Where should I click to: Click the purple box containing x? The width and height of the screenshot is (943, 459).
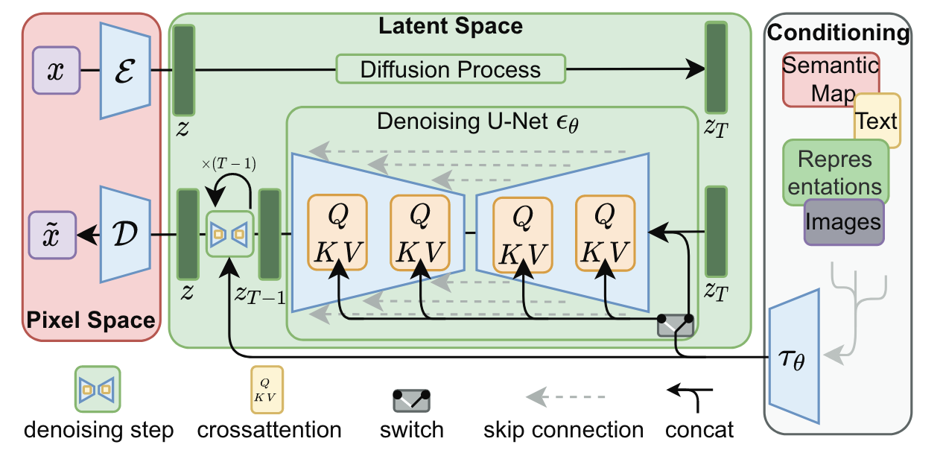(x=56, y=70)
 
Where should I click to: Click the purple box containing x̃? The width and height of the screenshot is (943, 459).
(x=52, y=235)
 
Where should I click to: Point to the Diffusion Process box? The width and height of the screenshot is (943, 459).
(x=450, y=69)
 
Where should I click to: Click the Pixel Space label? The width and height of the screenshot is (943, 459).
(x=91, y=321)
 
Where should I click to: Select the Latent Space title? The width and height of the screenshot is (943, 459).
(x=450, y=26)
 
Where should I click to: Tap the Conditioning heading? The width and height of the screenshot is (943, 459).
(x=838, y=33)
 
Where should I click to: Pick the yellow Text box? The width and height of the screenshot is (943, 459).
(x=877, y=120)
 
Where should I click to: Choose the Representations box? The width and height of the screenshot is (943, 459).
(x=835, y=172)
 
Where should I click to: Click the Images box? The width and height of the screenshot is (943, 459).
(x=843, y=221)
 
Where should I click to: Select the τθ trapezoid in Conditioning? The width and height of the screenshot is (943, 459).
(x=796, y=356)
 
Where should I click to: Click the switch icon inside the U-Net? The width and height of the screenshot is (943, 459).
(x=676, y=324)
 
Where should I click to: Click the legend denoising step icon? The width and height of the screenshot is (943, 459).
(x=98, y=389)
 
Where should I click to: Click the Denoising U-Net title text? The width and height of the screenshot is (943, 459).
(x=477, y=121)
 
